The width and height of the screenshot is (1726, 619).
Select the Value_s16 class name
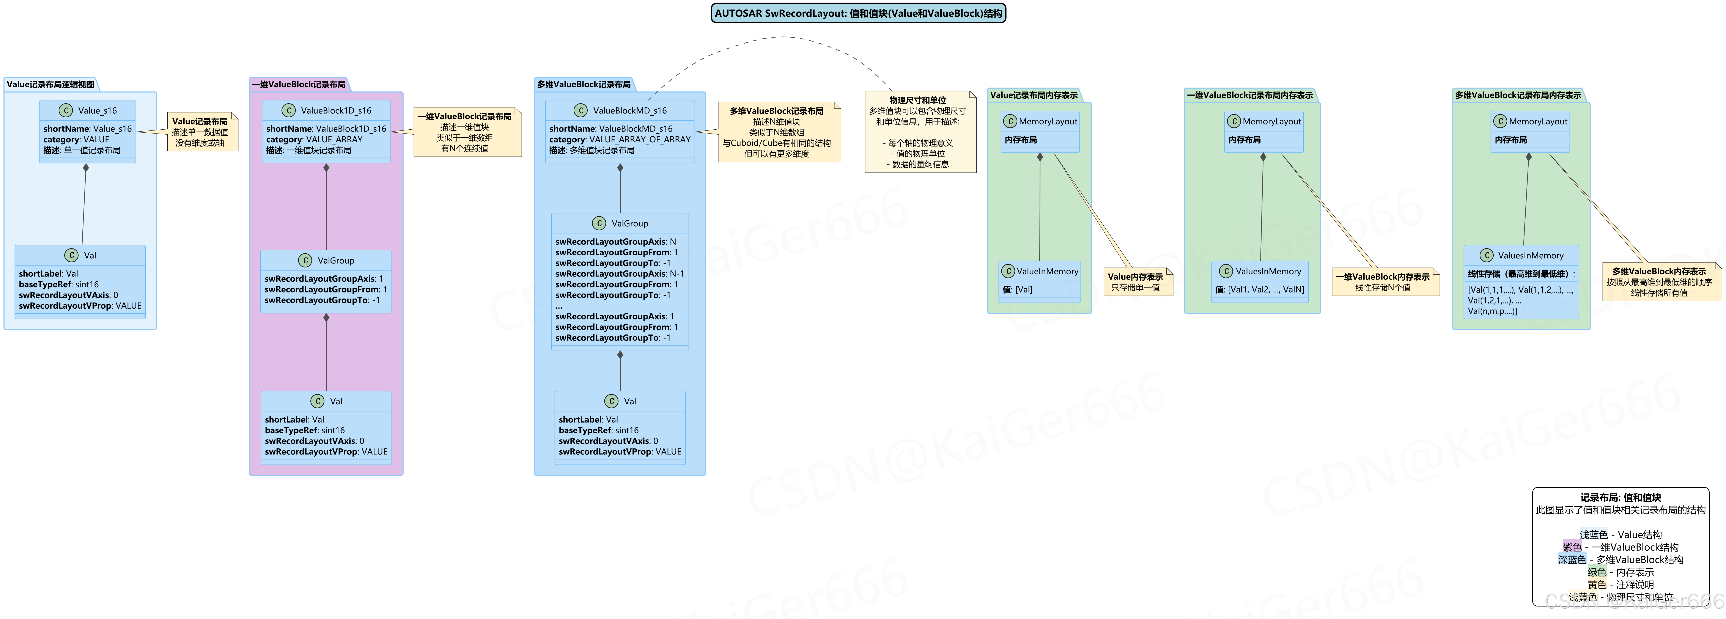click(97, 110)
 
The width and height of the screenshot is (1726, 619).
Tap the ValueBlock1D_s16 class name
click(336, 110)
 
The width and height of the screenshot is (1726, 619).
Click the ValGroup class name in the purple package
click(336, 261)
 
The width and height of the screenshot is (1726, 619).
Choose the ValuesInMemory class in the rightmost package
click(1530, 255)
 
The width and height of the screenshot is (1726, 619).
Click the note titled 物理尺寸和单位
click(920, 132)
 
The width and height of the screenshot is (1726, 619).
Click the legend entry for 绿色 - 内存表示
click(1620, 572)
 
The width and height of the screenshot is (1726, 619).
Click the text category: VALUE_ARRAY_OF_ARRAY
click(620, 139)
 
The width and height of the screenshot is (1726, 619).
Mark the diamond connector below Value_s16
click(86, 168)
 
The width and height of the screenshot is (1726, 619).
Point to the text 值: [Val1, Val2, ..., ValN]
click(1260, 289)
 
